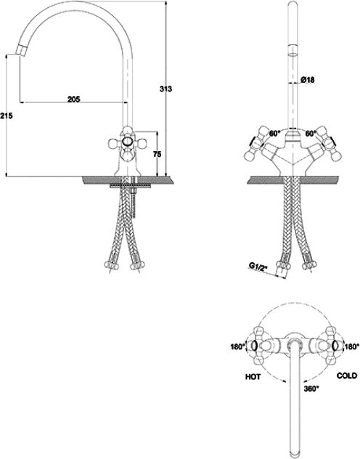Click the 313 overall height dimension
pos(165,89)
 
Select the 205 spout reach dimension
pos(74,99)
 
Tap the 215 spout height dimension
pos(6,116)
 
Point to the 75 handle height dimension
pos(157,154)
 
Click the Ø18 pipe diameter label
pos(307,79)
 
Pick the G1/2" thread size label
pos(258,266)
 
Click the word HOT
pos(253,376)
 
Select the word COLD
pos(346,375)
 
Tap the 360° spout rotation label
pos(311,389)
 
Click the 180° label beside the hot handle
pos(237,346)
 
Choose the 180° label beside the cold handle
pos(352,346)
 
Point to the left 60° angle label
pos(275,134)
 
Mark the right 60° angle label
pos(311,134)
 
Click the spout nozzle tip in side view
pos(21,51)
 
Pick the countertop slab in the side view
pos(128,180)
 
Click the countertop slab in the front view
pos(292,180)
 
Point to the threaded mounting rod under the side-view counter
pos(134,202)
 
